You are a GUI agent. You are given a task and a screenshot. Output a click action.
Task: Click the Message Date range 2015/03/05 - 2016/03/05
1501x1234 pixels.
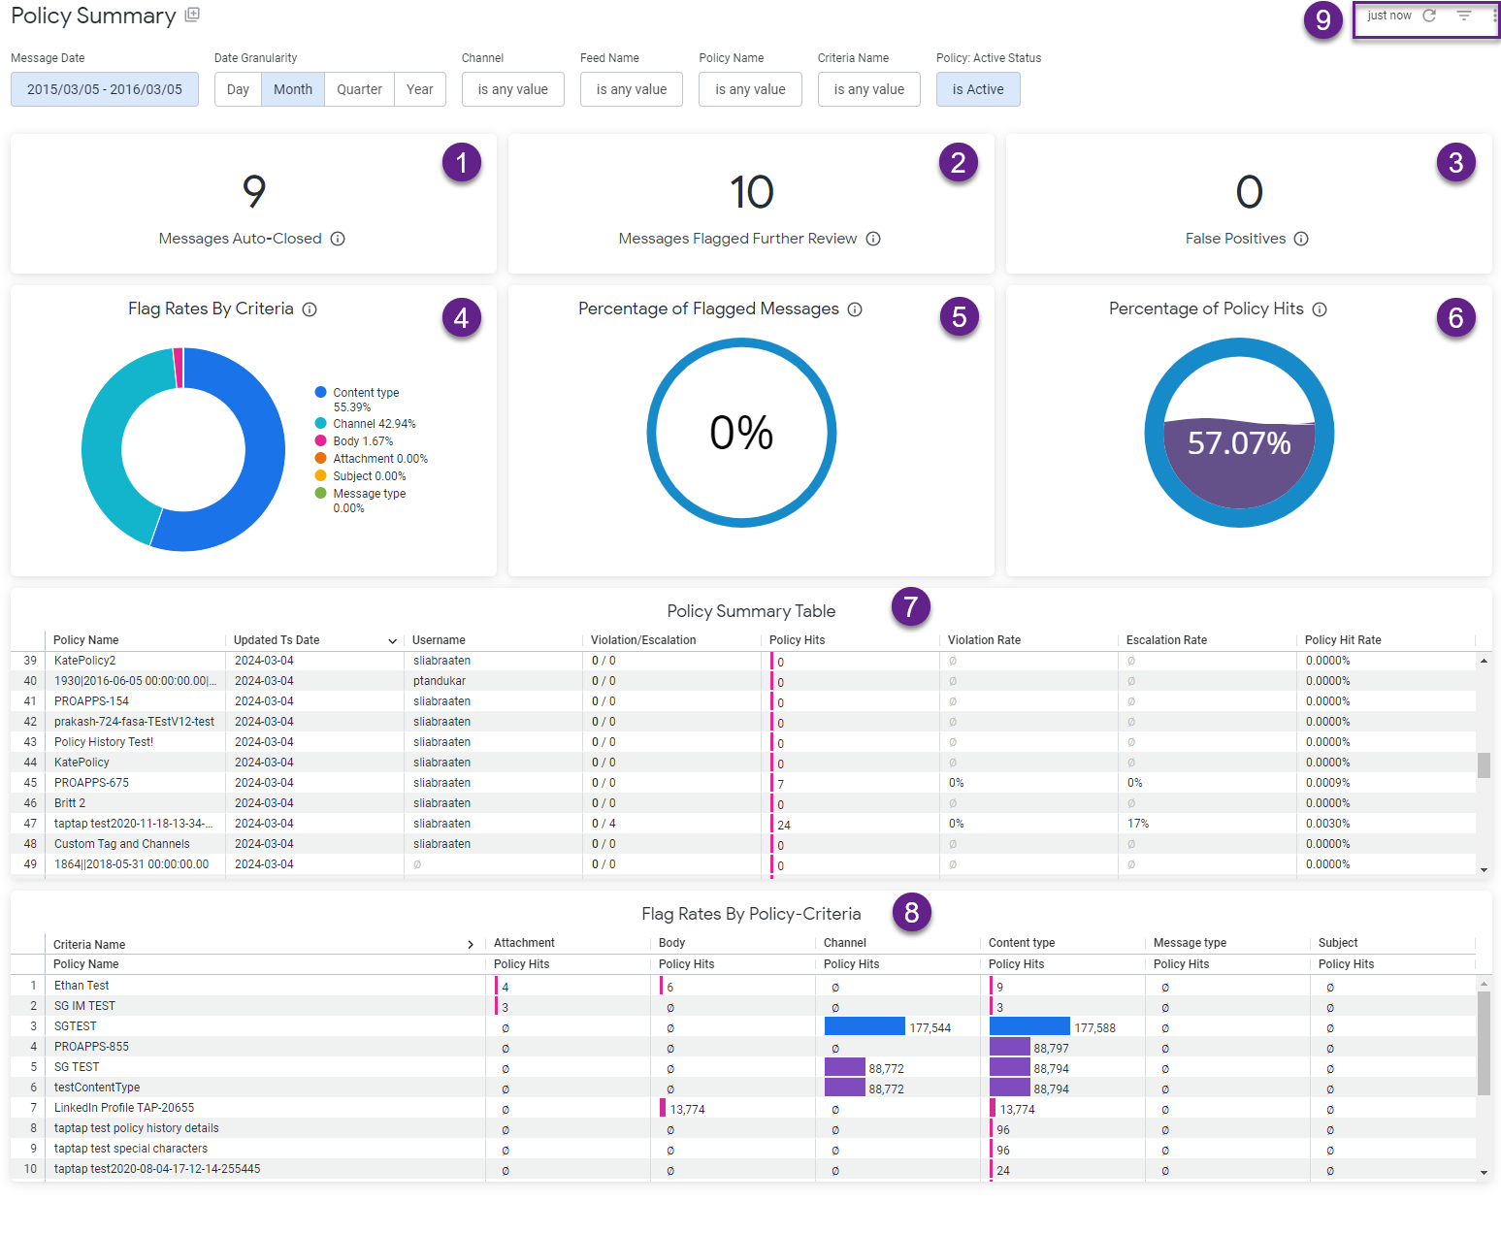105,89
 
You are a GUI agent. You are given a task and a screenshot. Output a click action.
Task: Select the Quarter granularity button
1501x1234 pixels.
359,89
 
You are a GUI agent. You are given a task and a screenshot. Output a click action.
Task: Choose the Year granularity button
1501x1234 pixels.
419,89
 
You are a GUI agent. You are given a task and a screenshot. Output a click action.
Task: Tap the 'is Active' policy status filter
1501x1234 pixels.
977,89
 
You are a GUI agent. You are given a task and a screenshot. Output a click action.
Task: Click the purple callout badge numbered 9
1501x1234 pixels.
1322,19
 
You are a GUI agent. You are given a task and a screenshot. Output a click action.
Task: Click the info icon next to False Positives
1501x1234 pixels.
1301,239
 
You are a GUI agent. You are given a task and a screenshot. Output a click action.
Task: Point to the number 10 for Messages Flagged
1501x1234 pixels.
751,192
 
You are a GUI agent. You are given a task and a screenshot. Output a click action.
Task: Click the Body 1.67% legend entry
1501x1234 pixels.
362,441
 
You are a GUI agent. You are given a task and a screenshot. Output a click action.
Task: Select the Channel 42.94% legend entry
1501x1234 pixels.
374,424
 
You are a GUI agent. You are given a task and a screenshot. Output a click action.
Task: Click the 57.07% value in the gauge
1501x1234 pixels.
1239,443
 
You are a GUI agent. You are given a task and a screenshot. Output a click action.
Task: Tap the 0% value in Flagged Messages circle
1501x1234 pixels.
741,433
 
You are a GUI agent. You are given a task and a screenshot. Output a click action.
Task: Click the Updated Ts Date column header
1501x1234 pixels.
277,640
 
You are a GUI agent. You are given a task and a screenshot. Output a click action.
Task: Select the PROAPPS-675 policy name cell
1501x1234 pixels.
91,783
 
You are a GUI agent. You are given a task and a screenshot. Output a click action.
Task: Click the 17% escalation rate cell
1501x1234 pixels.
1137,824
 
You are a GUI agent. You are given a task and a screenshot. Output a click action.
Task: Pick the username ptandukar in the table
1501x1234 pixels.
440,681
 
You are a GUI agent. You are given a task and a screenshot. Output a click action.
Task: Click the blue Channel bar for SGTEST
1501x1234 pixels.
864,1026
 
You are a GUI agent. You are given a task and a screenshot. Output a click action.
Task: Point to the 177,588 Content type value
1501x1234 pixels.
1094,1028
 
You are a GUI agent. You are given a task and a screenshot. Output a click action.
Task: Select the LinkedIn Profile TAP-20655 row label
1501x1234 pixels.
124,1108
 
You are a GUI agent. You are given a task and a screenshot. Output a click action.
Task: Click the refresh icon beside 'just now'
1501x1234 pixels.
1429,16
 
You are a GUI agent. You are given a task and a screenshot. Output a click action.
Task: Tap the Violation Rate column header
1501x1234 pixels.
984,640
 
